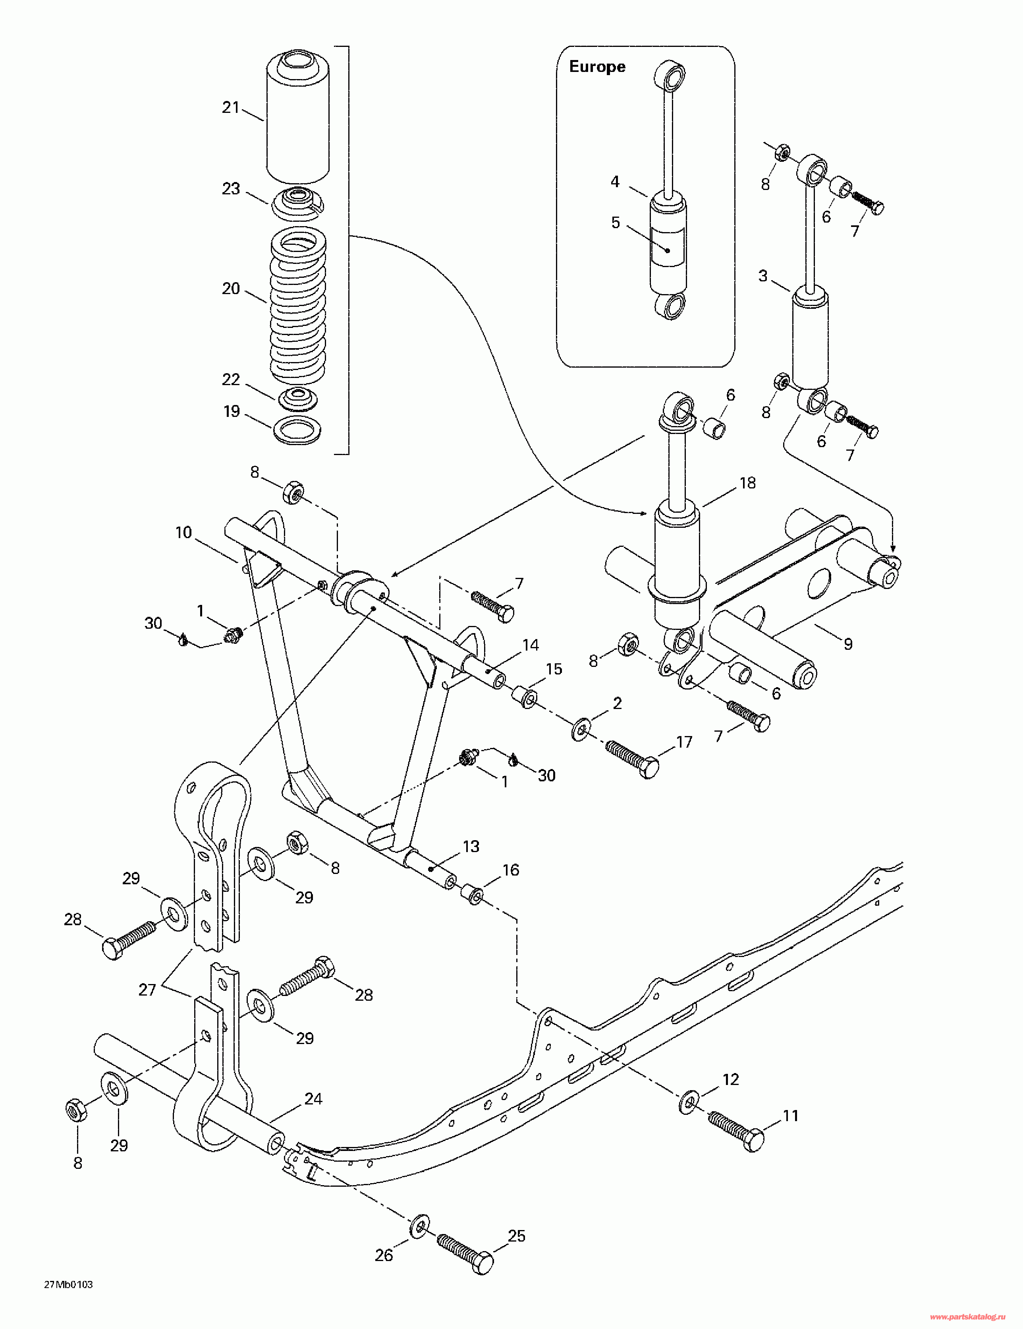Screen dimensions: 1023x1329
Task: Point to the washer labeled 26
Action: click(419, 1226)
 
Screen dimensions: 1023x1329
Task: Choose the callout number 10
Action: click(184, 533)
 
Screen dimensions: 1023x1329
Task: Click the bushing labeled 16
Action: click(473, 895)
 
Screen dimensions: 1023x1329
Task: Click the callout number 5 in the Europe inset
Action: click(616, 223)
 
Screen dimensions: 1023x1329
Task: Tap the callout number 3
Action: click(763, 276)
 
